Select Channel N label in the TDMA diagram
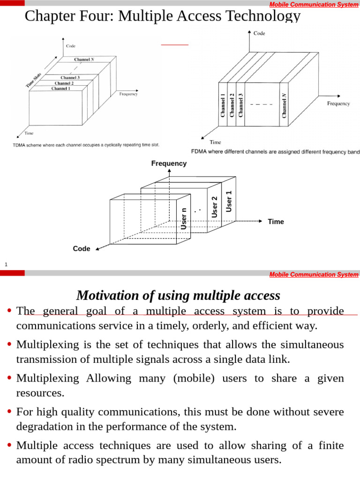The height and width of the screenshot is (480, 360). click(x=85, y=60)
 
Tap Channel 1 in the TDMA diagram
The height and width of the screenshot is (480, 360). click(x=61, y=89)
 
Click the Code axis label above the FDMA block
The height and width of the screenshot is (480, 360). click(x=259, y=33)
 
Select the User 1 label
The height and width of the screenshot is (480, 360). click(x=229, y=202)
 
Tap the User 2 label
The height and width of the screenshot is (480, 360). click(x=215, y=207)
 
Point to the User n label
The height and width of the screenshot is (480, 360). click(x=184, y=218)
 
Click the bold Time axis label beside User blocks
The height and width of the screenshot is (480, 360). click(x=276, y=222)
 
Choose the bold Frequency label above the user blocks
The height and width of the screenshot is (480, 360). click(x=169, y=164)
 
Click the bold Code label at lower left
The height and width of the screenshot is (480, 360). click(x=82, y=249)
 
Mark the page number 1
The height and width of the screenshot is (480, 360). click(x=6, y=265)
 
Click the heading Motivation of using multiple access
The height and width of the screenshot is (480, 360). click(x=178, y=296)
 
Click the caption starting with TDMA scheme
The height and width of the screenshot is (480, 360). click(x=86, y=145)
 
